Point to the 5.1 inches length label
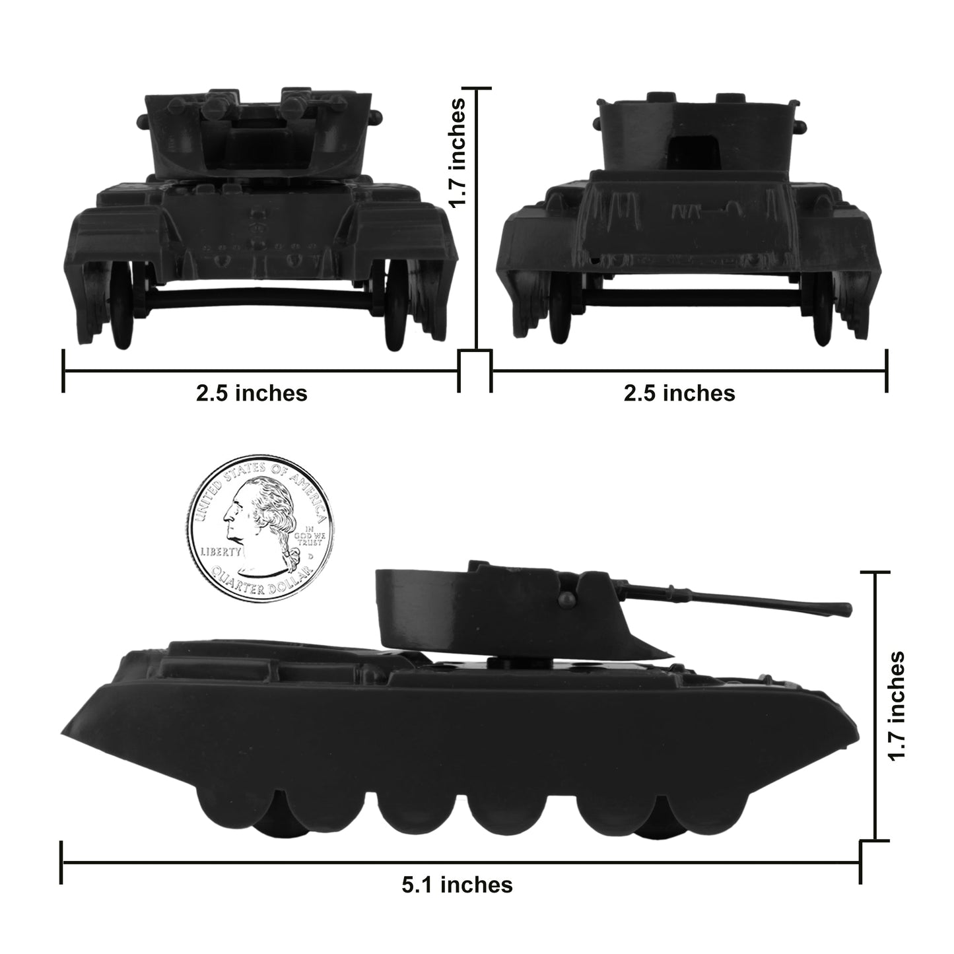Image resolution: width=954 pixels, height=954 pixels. click(x=457, y=884)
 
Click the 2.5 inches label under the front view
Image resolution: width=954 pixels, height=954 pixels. click(x=252, y=393)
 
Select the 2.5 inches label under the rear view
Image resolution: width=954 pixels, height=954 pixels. click(x=679, y=393)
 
